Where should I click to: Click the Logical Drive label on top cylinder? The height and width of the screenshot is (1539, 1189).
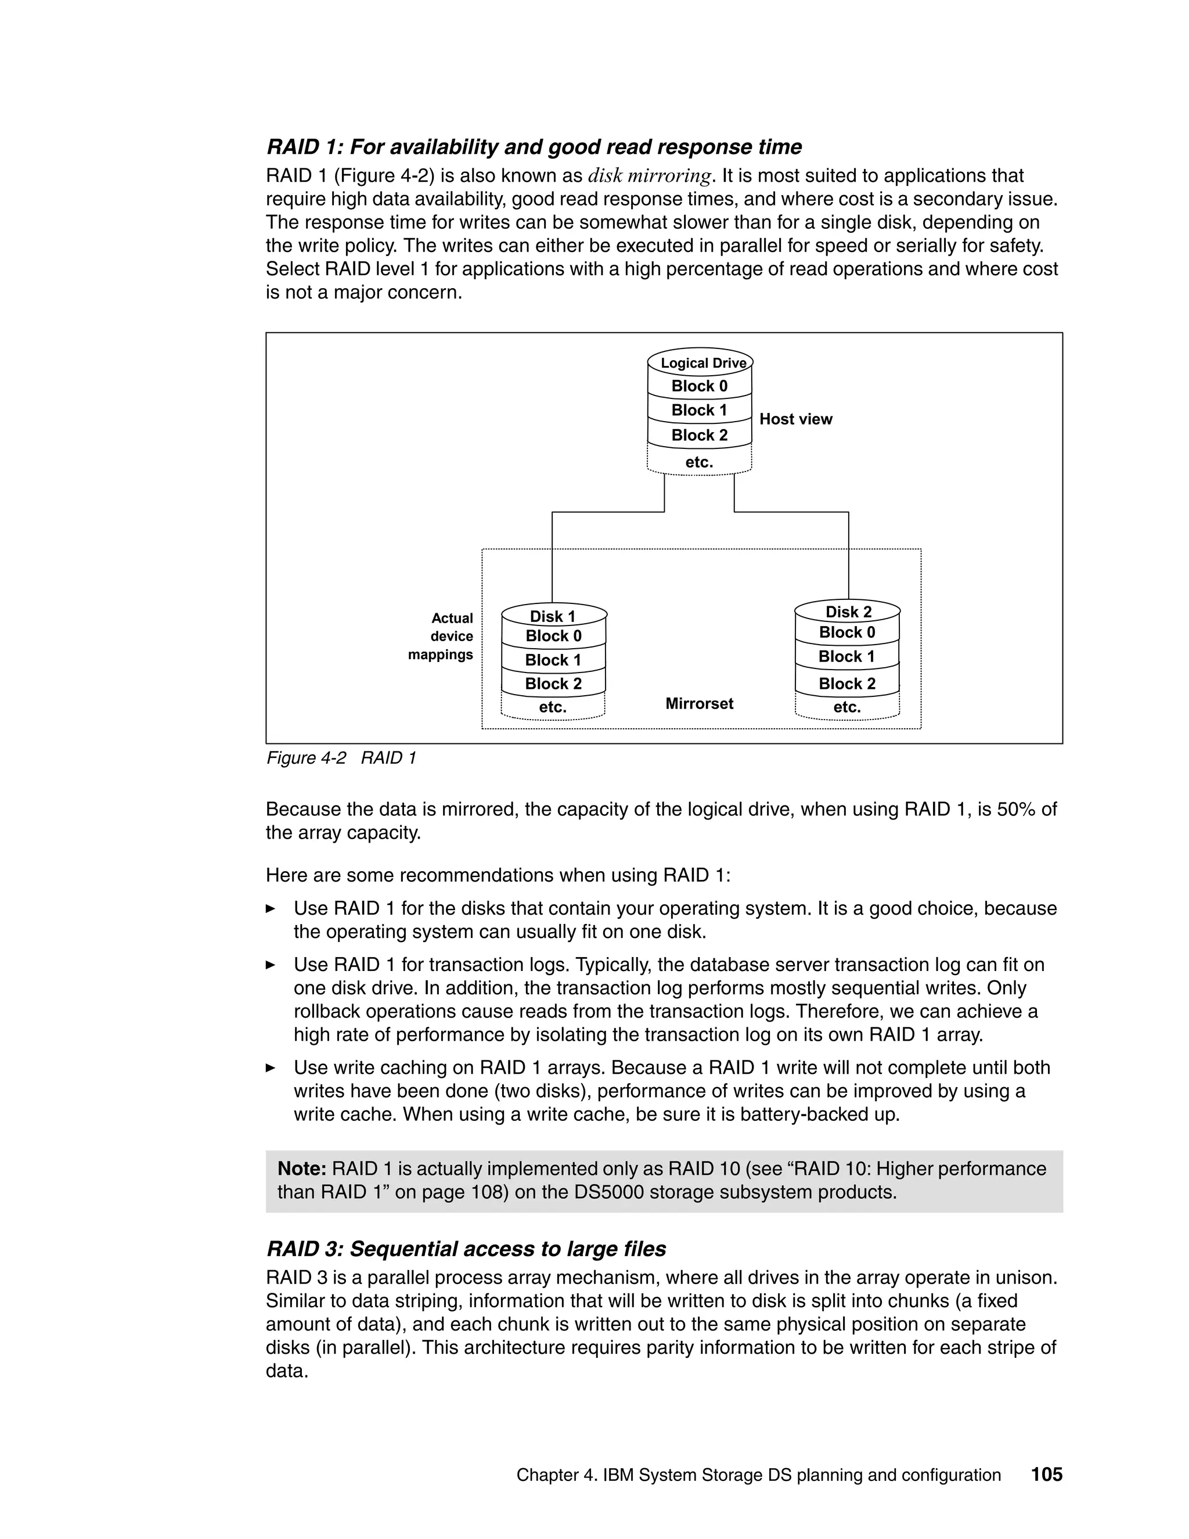tap(702, 363)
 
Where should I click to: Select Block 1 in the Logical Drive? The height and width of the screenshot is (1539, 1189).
tap(699, 410)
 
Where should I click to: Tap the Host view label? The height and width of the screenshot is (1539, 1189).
tap(795, 419)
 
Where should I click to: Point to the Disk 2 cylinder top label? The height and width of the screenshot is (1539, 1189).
tap(848, 612)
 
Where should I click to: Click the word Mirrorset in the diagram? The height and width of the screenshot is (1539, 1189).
tap(699, 703)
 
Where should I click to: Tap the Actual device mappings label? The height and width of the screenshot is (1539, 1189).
tap(442, 637)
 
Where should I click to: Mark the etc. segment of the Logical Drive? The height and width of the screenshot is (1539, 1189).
tap(699, 462)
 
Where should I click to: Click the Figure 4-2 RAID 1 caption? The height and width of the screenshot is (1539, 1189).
tap(341, 758)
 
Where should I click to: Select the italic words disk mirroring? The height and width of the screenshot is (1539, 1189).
tap(648, 175)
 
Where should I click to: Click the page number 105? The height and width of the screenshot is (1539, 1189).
tap(1046, 1476)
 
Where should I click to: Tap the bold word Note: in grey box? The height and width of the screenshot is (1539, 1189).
tap(301, 1169)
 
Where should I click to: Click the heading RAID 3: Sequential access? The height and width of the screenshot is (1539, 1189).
tap(466, 1249)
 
